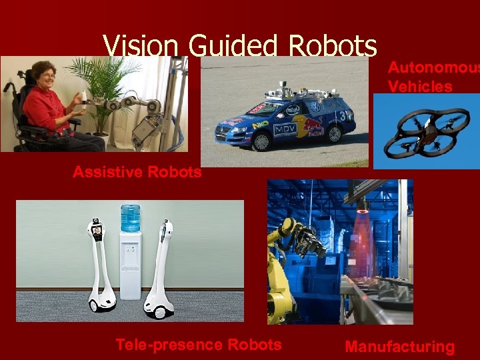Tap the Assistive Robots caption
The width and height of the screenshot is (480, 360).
click(137, 172)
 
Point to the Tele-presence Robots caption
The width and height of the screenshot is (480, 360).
click(198, 345)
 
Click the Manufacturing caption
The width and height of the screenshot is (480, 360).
click(399, 347)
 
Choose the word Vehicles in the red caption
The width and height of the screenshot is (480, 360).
click(419, 86)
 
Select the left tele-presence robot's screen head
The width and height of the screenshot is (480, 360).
click(97, 231)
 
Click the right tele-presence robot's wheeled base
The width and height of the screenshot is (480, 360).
click(160, 307)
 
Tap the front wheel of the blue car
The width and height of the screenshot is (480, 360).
click(261, 140)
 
